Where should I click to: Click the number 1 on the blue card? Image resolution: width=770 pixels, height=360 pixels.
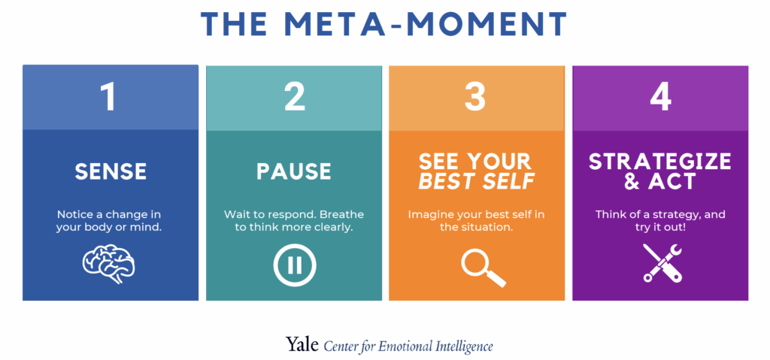pyautogui.click(x=109, y=97)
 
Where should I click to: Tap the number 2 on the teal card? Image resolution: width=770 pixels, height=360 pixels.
pyautogui.click(x=295, y=97)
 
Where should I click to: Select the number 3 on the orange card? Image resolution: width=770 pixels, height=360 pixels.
pyautogui.click(x=475, y=97)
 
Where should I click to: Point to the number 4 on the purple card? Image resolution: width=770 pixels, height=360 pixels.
pyautogui.click(x=660, y=97)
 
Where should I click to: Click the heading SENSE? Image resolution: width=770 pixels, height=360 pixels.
pyautogui.click(x=111, y=171)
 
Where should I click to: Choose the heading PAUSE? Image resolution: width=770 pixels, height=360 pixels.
pyautogui.click(x=294, y=171)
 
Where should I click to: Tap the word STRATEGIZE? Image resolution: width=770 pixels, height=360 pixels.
pyautogui.click(x=660, y=162)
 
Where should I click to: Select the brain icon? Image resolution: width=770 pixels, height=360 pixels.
pyautogui.click(x=108, y=265)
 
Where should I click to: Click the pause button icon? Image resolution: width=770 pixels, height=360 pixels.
pyautogui.click(x=295, y=265)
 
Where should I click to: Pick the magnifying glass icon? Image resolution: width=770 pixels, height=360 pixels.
pyautogui.click(x=484, y=266)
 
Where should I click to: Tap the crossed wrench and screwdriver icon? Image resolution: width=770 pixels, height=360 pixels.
pyautogui.click(x=662, y=263)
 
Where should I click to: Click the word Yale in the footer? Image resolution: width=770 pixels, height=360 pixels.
pyautogui.click(x=302, y=345)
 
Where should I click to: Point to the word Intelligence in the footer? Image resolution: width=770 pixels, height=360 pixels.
pyautogui.click(x=464, y=346)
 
